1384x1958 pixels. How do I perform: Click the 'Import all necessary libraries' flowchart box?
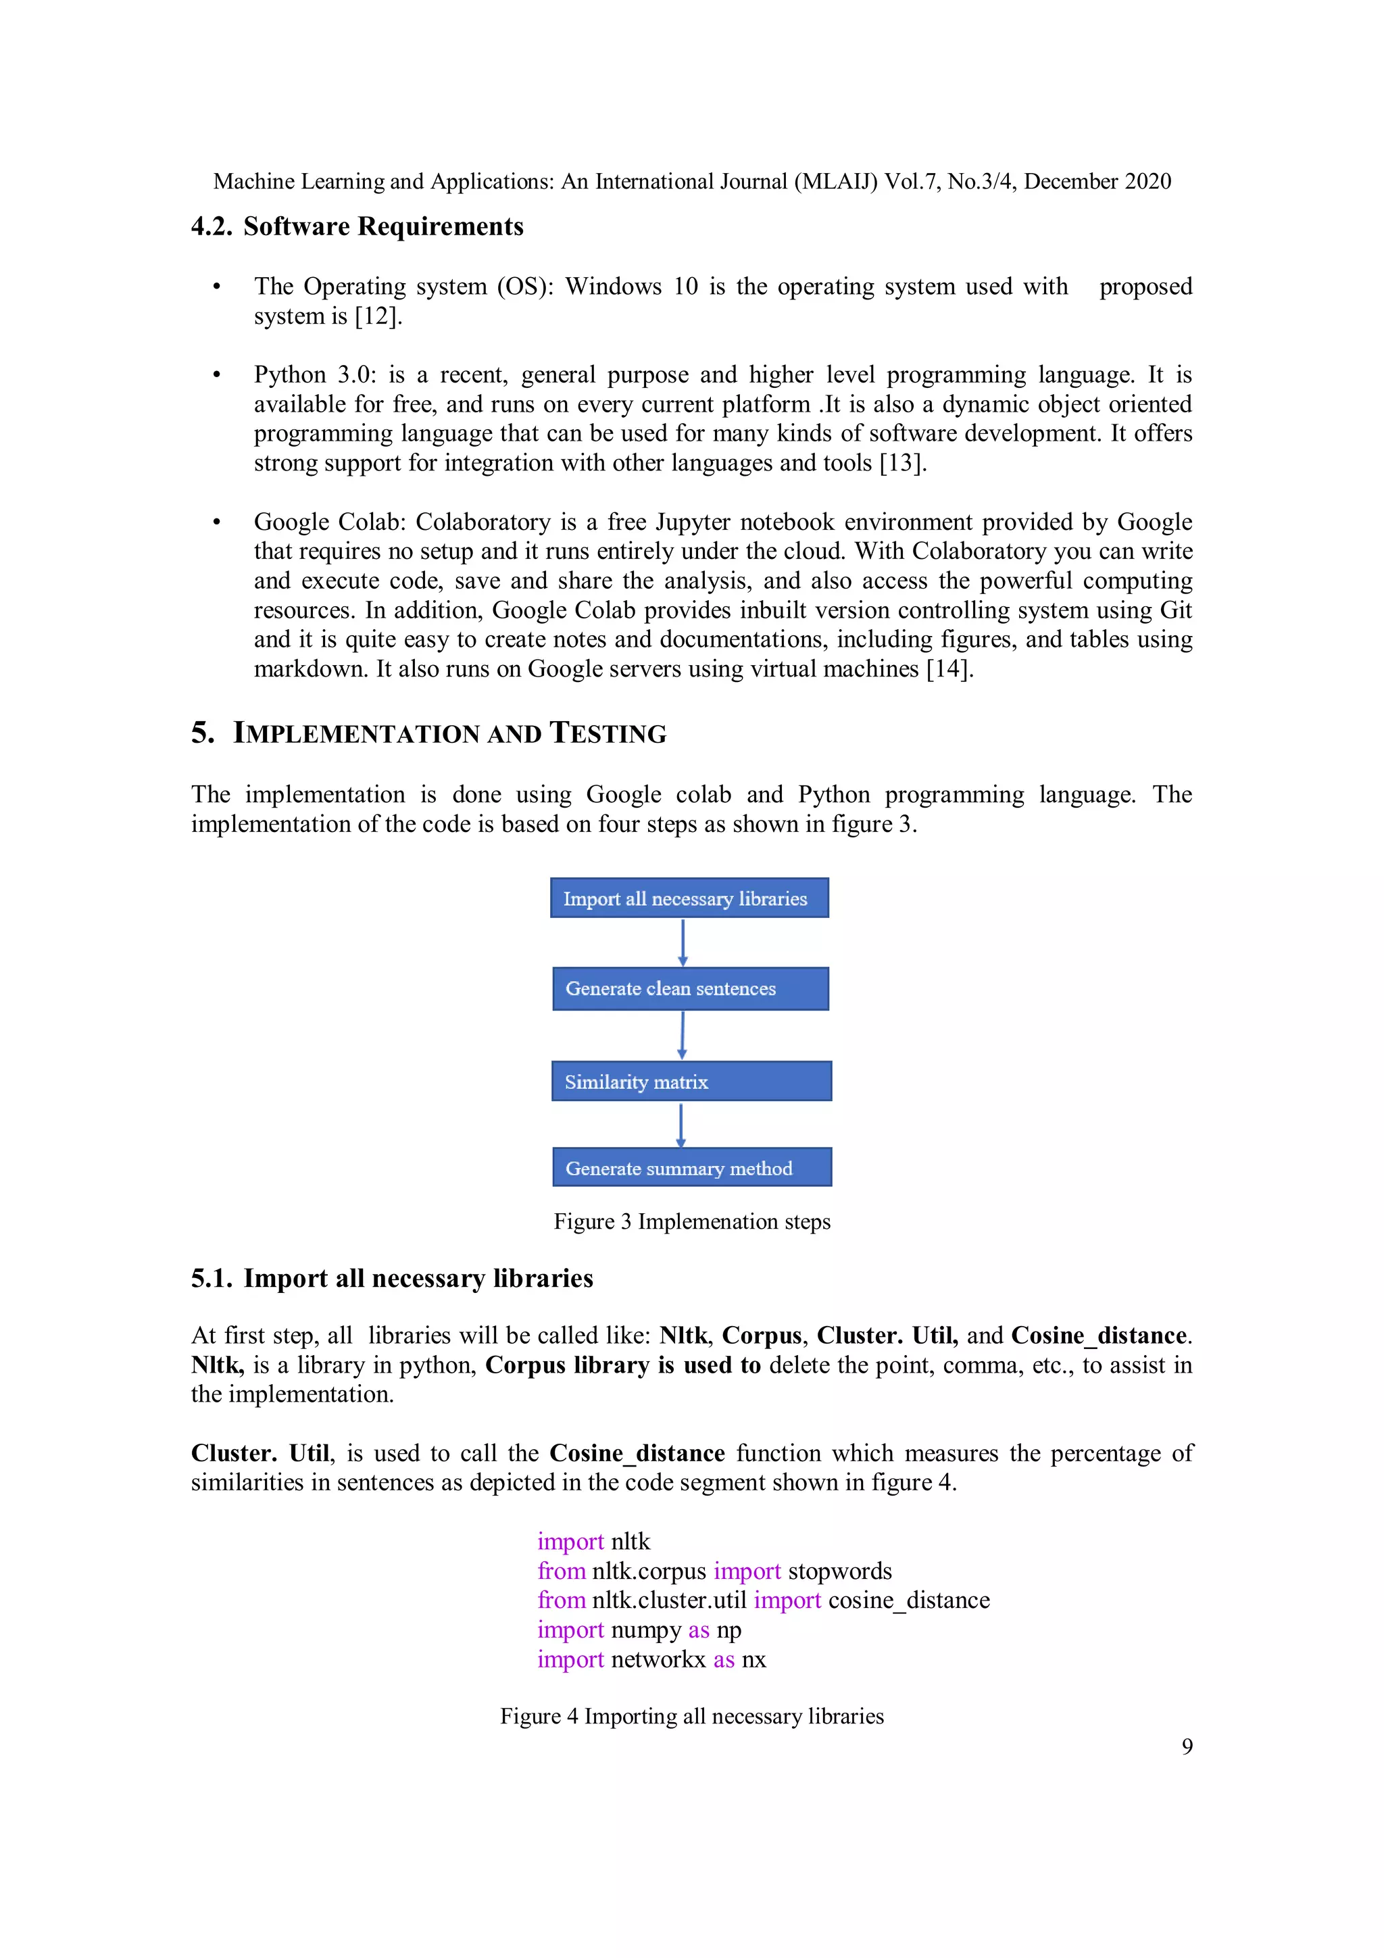click(x=689, y=898)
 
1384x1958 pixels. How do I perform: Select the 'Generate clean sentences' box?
click(x=690, y=988)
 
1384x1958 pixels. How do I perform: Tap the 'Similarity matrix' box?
click(x=691, y=1081)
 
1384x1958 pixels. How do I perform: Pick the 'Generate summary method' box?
click(x=691, y=1167)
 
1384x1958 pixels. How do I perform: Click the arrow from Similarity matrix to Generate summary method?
click(x=681, y=1125)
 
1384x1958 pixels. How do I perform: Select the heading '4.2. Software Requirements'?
click(x=357, y=227)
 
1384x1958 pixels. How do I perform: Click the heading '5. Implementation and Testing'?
click(x=428, y=733)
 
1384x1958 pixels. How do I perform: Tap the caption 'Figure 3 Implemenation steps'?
click(x=691, y=1221)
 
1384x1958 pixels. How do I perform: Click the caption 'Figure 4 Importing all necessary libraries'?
click(x=691, y=1716)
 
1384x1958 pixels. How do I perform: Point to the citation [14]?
click(x=949, y=668)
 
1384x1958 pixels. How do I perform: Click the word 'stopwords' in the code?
click(x=839, y=1571)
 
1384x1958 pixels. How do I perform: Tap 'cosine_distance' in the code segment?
click(x=908, y=1600)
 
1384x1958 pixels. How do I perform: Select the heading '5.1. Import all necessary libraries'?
click(x=392, y=1278)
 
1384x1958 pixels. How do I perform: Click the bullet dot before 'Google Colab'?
click(x=217, y=522)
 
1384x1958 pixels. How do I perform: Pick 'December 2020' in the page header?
click(x=1097, y=182)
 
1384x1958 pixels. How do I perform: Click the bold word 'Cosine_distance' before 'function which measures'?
click(x=637, y=1453)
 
